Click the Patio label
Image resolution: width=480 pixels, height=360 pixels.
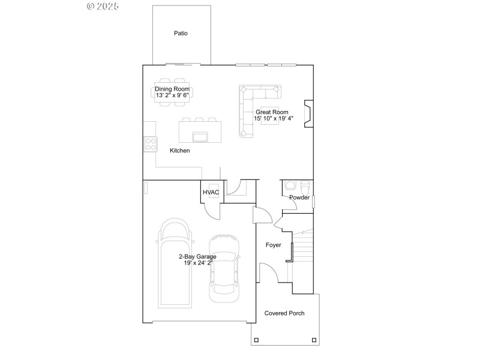pyautogui.click(x=181, y=34)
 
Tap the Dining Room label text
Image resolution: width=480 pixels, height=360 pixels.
pyautogui.click(x=173, y=89)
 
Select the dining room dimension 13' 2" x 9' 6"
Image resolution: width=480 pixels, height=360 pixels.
pyautogui.click(x=173, y=95)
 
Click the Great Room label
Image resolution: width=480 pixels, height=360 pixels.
pyautogui.click(x=272, y=112)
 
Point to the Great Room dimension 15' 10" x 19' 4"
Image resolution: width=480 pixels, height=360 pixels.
pyautogui.click(x=273, y=119)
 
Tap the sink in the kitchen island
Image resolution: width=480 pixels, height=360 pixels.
pyautogui.click(x=200, y=136)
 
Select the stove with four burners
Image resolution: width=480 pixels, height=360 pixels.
pyautogui.click(x=149, y=144)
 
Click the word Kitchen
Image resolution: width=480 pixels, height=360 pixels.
pyautogui.click(x=179, y=151)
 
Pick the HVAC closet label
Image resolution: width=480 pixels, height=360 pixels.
pyautogui.click(x=211, y=193)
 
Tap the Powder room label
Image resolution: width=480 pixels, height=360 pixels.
pyautogui.click(x=299, y=197)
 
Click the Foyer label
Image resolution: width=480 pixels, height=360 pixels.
pyautogui.click(x=274, y=245)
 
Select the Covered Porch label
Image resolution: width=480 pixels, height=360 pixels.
pyautogui.click(x=284, y=313)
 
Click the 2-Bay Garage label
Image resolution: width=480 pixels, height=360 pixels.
pyautogui.click(x=197, y=256)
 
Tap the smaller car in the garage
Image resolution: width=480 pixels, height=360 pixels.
pyautogui.click(x=224, y=268)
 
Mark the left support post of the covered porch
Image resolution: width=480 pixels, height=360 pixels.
pyautogui.click(x=257, y=340)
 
